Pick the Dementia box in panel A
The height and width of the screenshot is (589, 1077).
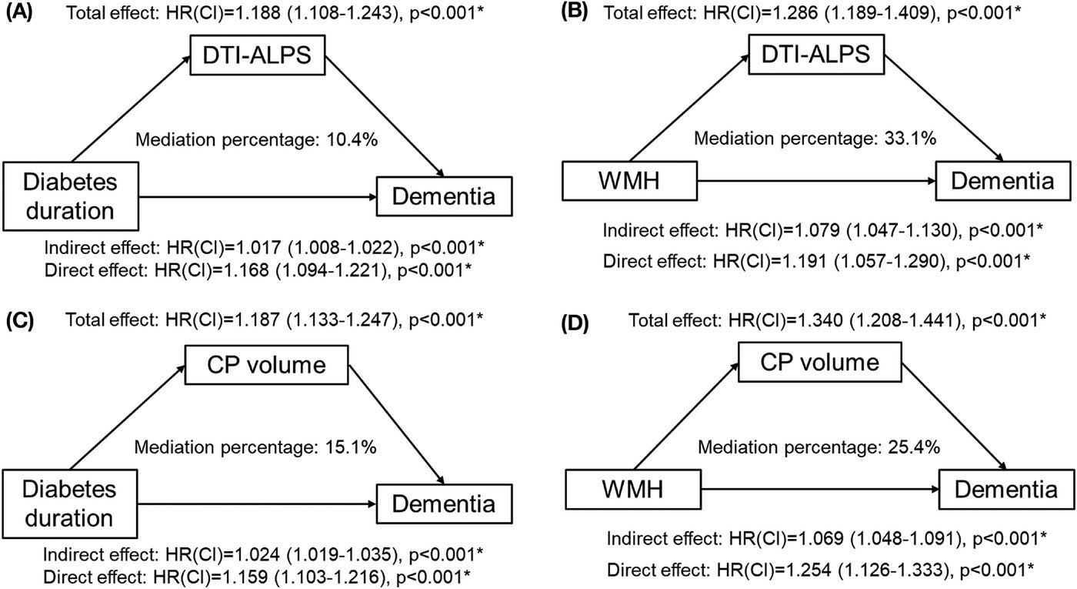tap(444, 197)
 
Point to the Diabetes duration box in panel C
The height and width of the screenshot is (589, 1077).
tap(70, 504)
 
